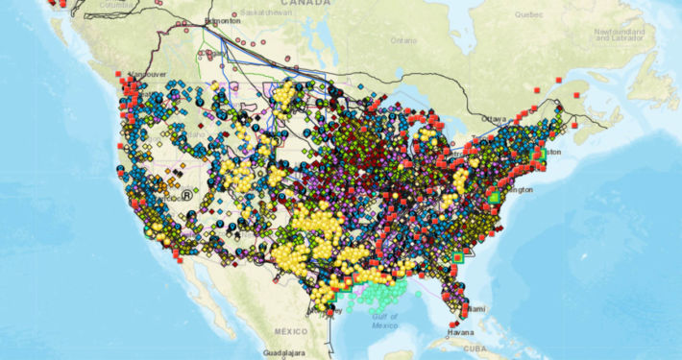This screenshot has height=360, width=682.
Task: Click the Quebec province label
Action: click(527, 14)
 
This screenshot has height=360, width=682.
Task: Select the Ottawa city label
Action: click(494, 118)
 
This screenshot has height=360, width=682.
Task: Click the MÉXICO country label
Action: click(290, 331)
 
